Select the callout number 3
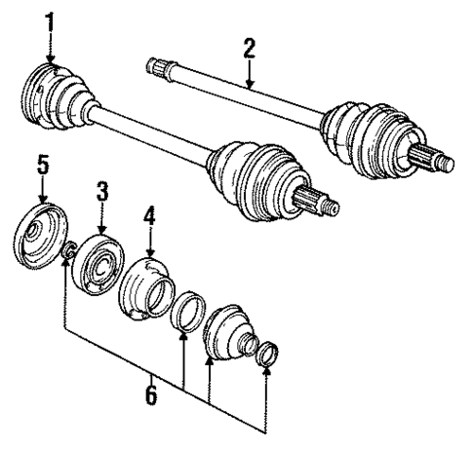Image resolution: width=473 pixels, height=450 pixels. (101, 189)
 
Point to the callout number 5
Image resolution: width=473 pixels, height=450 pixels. (42, 165)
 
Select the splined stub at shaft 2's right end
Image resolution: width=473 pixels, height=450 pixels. (435, 159)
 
